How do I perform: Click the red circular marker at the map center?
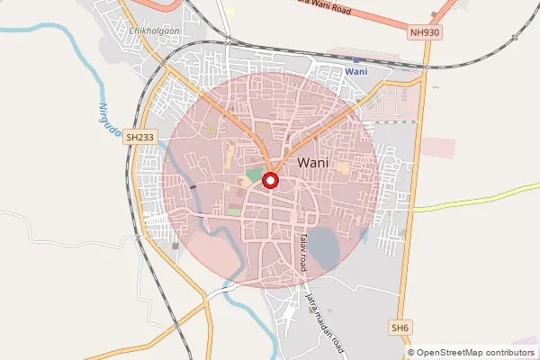271,181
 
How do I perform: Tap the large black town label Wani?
311,163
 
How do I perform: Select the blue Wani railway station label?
357,71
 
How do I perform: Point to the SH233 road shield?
140,137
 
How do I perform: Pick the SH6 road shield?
400,328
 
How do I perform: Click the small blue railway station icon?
357,59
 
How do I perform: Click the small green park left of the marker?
255,175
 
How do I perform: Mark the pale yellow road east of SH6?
477,200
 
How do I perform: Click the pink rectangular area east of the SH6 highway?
438,148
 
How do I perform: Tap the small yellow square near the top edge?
229,12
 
